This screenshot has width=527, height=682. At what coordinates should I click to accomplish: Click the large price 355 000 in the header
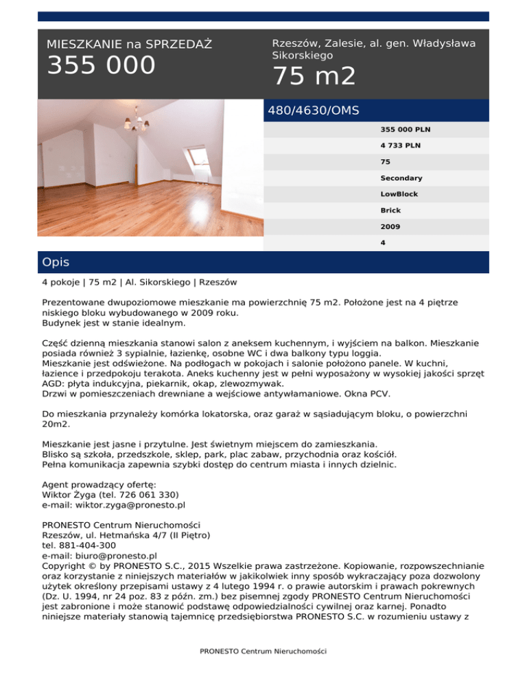(101, 66)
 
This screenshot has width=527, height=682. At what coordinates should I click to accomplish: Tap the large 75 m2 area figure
(314, 76)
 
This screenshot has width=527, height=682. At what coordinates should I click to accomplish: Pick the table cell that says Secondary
(401, 178)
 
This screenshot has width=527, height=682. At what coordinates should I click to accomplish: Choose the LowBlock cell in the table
(399, 194)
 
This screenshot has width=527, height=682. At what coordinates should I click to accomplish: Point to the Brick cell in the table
(390, 210)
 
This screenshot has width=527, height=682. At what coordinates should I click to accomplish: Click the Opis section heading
(55, 262)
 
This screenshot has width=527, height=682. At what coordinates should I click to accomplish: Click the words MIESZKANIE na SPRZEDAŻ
(129, 44)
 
